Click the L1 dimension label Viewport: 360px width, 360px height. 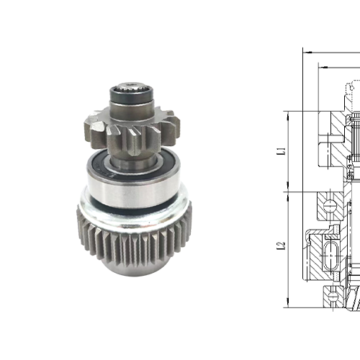coord(282,152)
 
